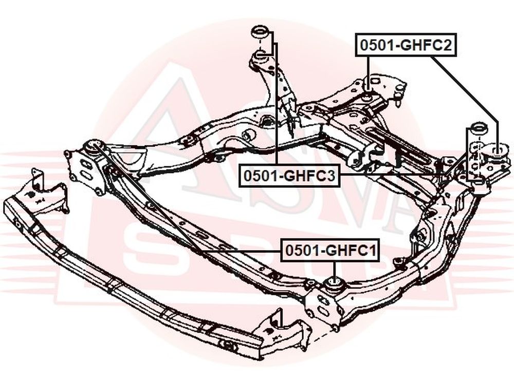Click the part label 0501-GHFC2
[x=406, y=45]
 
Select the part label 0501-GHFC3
[x=289, y=176]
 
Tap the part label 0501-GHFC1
[x=331, y=251]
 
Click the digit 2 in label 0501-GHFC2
[x=447, y=45]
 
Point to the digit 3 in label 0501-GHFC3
[x=331, y=176]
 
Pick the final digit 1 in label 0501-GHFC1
[x=373, y=251]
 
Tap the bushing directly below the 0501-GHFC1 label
[x=334, y=284]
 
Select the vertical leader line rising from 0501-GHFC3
[x=277, y=103]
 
